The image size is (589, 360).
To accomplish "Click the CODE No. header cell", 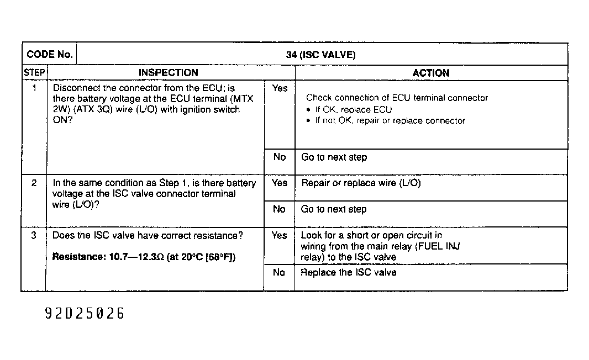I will coord(50,54).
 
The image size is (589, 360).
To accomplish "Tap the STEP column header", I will coord(34,73).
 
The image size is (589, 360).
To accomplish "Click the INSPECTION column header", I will coord(168,73).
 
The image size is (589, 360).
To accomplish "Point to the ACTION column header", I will coord(430,73).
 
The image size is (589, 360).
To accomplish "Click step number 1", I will coord(34,88).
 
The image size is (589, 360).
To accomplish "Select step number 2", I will coord(34,183).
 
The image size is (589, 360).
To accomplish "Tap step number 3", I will coord(34,236).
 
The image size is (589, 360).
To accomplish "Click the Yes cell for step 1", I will coord(280,88).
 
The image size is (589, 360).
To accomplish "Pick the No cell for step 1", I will coord(280,157).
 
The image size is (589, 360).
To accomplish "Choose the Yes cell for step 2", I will coord(280,183).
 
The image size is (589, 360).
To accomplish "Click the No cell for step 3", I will coord(280,272).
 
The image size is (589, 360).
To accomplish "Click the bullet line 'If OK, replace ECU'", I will coord(353,109).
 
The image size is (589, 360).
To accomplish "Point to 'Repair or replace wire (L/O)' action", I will coord(361,183).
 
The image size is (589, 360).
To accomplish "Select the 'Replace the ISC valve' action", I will coord(348,272).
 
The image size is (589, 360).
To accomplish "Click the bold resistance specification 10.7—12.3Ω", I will coord(144,257).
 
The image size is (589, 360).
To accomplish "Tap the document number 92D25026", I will coord(85,314).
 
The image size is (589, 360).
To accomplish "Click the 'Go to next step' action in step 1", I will coord(334,157).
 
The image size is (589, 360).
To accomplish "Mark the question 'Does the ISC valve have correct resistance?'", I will coord(148,236).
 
